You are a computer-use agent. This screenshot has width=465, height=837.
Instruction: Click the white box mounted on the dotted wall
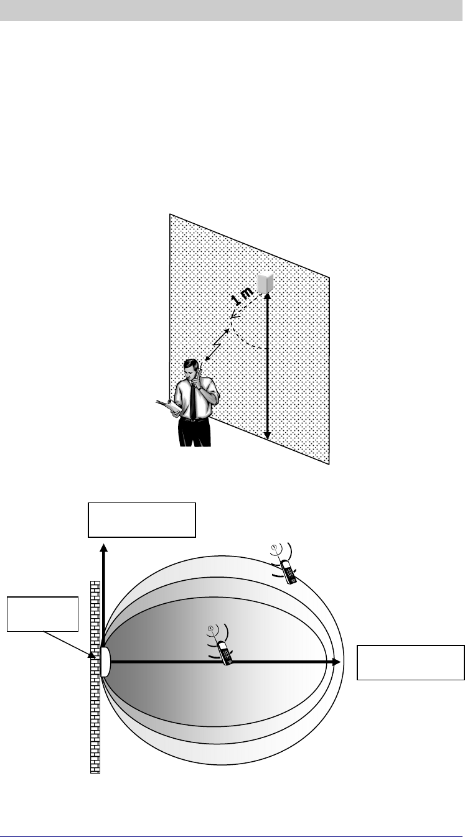click(x=266, y=283)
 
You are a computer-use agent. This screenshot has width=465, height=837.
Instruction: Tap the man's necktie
click(x=193, y=402)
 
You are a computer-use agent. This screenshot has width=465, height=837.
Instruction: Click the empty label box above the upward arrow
click(x=142, y=519)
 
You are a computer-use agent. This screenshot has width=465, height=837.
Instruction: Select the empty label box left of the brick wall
click(x=42, y=613)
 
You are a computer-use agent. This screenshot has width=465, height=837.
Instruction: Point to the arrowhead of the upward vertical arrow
click(x=104, y=548)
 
